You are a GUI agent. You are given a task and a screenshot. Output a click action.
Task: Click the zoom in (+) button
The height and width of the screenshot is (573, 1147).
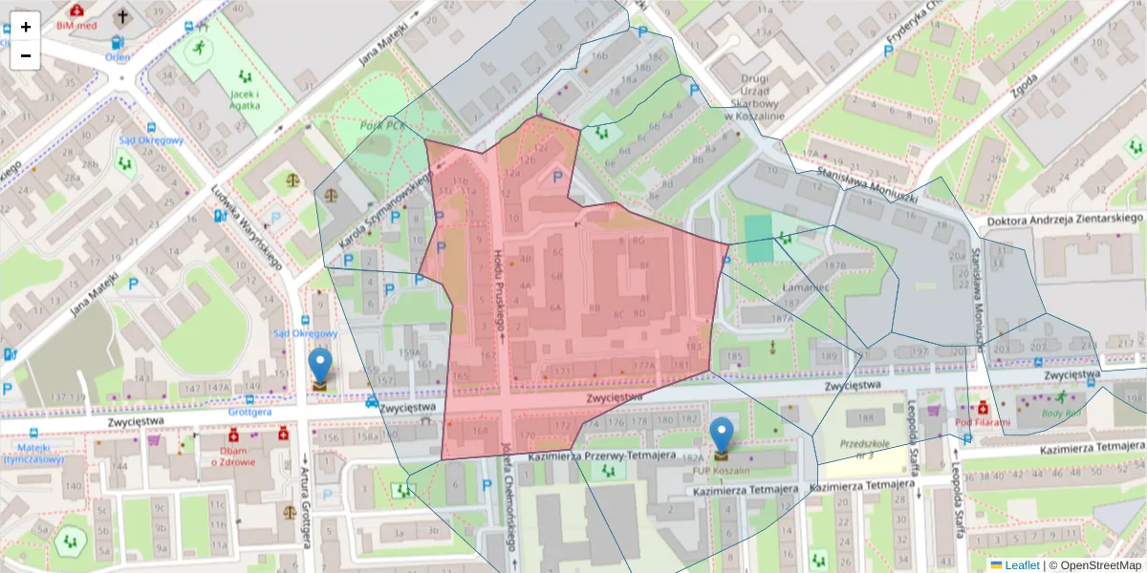pos(26,27)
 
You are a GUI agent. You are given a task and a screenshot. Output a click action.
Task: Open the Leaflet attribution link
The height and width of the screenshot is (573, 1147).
pos(1022,565)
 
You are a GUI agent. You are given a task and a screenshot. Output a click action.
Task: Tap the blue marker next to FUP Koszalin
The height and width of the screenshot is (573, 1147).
pos(722,435)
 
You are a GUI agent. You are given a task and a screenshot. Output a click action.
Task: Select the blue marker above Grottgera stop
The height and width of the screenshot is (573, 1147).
pos(319,368)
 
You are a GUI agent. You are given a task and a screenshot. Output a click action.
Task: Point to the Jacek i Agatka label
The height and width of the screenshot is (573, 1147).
pos(247,99)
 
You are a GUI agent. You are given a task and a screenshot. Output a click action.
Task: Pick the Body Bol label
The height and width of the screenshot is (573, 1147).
pos(1062,413)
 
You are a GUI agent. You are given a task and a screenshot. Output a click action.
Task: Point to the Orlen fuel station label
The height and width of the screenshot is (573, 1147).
pos(118,56)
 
